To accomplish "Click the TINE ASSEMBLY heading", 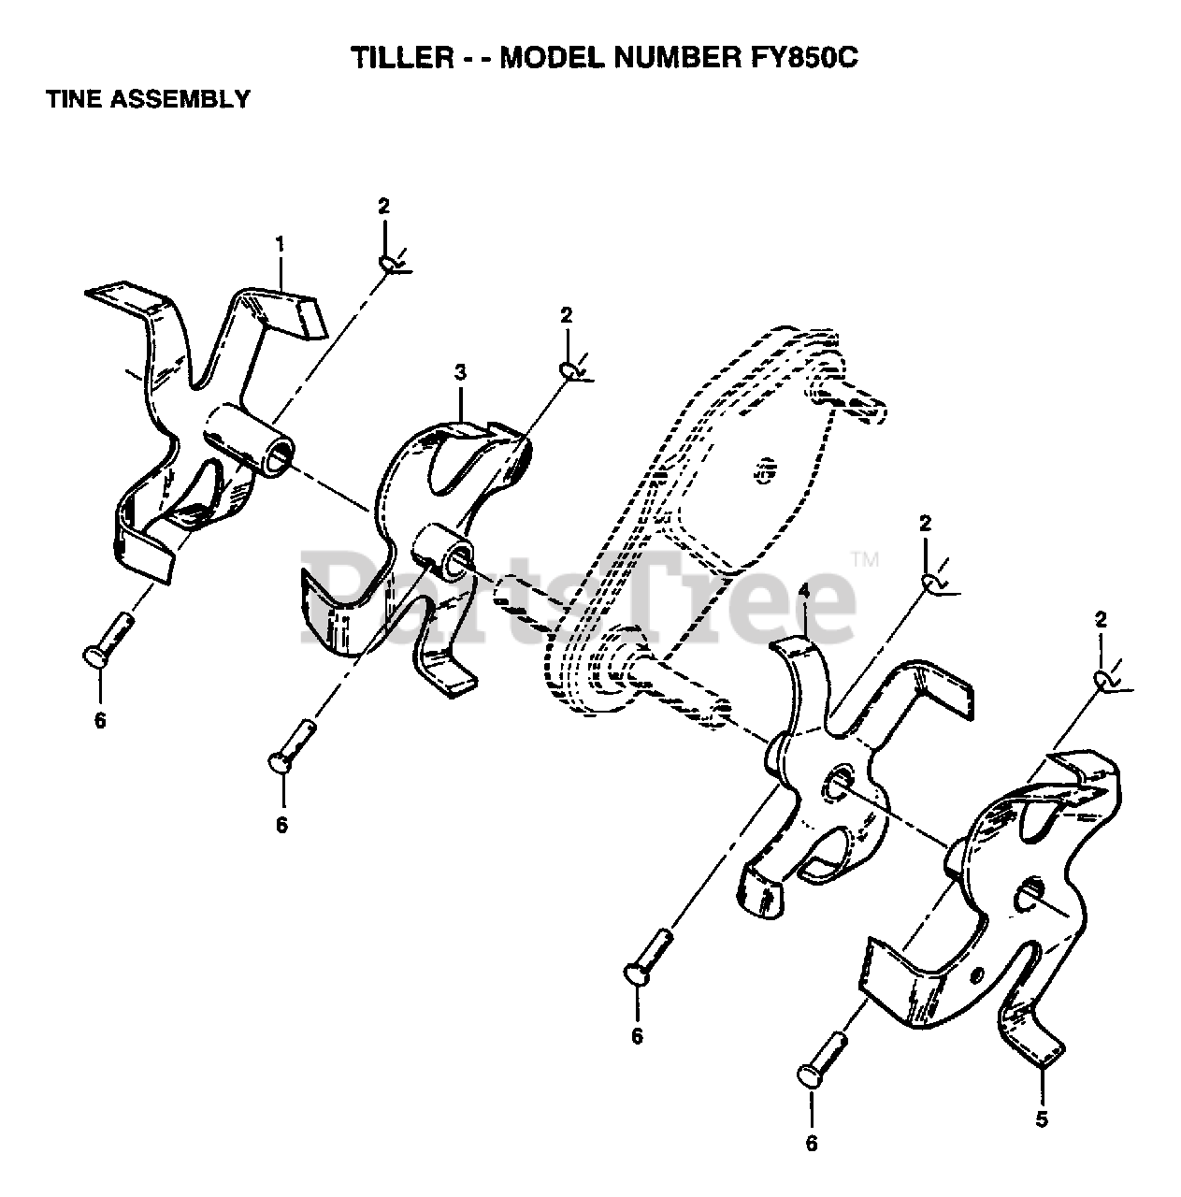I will pos(148,98).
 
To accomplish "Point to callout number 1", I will pos(280,244).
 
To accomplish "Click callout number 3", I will pos(460,373).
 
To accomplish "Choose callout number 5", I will pos(1043,1118).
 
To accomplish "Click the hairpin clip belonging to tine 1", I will pos(391,265).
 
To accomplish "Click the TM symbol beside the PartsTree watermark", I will pos(865,562).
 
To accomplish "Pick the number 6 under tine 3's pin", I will pos(281,825).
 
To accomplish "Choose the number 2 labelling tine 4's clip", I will pos(926,524).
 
